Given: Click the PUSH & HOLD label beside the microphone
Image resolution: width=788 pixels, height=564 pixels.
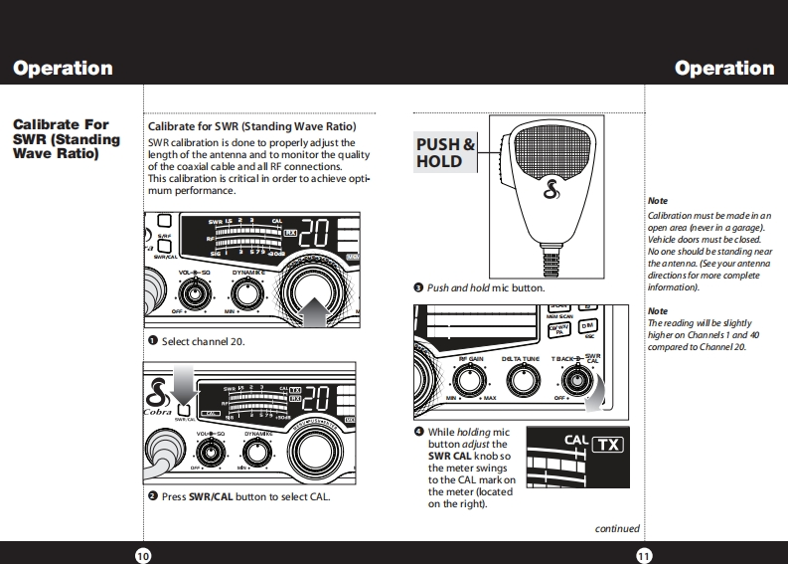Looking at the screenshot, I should point(445,152).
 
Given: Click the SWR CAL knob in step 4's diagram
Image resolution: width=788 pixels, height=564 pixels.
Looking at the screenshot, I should point(573,379).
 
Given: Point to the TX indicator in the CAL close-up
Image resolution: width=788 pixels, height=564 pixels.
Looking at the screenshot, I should point(608,444).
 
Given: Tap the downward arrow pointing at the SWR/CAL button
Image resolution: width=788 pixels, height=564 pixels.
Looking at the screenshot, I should point(187,384).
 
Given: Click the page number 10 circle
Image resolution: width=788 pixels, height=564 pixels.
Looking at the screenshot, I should point(142,555).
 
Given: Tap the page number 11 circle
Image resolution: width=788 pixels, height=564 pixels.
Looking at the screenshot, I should point(644,555).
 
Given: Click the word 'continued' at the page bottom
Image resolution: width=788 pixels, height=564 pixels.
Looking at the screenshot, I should point(617,529).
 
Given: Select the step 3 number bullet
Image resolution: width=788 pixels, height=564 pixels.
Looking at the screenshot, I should point(419,287).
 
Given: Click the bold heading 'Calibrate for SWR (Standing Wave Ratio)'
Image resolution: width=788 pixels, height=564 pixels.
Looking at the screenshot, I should point(251,126).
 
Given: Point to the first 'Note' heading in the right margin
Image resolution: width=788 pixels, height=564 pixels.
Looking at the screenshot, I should point(658,201).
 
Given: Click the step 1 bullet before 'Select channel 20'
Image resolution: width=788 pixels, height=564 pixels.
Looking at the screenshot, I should point(153,341).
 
